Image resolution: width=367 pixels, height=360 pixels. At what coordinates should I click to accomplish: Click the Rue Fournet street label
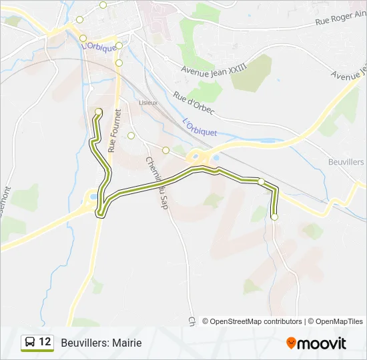click(x=113, y=130)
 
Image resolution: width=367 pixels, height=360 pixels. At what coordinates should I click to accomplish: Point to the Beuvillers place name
click(x=346, y=162)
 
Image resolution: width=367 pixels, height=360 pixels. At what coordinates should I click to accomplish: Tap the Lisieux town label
click(x=147, y=103)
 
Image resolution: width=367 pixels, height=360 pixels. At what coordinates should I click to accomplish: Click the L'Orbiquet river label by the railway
click(x=200, y=127)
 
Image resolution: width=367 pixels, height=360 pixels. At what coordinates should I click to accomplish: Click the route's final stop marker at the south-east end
click(x=274, y=217)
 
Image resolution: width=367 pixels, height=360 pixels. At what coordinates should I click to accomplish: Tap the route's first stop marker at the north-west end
click(x=99, y=111)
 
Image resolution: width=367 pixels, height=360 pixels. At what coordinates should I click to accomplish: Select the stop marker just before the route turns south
click(x=261, y=181)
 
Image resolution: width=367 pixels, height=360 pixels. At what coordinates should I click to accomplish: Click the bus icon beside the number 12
click(x=30, y=343)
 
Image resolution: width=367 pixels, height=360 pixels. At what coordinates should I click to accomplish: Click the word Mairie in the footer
click(x=127, y=343)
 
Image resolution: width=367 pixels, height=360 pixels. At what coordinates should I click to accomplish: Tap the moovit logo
click(x=316, y=343)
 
